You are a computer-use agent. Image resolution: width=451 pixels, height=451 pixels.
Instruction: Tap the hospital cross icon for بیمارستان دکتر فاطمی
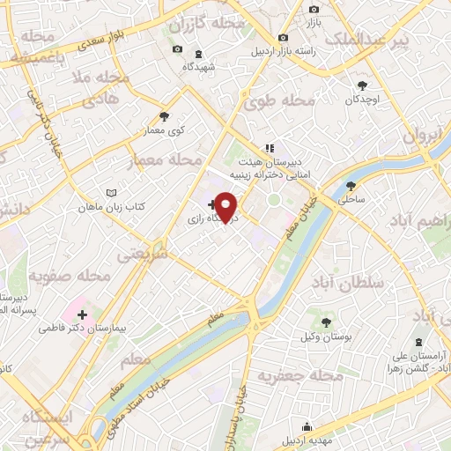[82, 314]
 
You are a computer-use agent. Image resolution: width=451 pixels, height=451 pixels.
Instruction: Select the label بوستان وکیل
[326, 337]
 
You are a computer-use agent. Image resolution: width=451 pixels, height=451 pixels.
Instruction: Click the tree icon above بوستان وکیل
[327, 322]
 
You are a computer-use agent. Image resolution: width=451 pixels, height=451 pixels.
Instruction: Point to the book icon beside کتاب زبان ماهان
[110, 193]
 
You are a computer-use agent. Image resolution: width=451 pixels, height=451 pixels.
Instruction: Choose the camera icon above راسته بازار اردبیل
[283, 37]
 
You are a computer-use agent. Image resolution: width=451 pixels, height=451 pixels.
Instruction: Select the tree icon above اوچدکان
[362, 85]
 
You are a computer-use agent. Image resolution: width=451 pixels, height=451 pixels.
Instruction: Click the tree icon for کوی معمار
[165, 116]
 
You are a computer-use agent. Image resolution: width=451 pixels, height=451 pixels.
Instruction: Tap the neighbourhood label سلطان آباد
[349, 284]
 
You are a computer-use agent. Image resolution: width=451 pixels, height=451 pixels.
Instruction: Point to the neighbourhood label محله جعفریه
[299, 376]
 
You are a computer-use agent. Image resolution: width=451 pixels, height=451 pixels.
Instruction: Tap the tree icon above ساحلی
[351, 186]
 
